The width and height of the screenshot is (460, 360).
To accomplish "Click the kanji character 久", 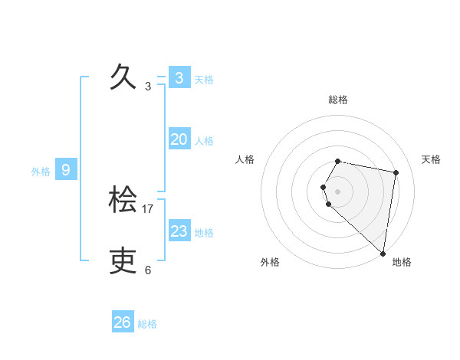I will coord(123,77).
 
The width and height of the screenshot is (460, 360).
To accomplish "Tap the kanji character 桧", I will coord(123,200).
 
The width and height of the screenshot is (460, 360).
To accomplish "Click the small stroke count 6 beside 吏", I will coord(148,270).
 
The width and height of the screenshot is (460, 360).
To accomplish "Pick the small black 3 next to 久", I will coord(148,87).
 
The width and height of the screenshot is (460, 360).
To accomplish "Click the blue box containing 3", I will coord(179,78).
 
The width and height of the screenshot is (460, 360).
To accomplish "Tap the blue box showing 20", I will coord(179,139).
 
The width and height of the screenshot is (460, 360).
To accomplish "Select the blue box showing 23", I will coord(179,231).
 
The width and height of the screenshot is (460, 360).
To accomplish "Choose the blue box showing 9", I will coord(66,170).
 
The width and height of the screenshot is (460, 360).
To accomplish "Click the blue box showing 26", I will coord(122,322).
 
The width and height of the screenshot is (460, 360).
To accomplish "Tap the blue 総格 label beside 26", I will coord(147,324).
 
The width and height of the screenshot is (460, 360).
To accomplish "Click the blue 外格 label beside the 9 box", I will coord(41,172).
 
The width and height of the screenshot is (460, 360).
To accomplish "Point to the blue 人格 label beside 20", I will coord(204,141).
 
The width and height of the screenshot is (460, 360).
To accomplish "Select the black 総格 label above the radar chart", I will coord(338,100).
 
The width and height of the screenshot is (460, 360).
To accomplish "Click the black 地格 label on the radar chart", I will coord(402,262).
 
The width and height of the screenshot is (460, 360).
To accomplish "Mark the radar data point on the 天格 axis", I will coord(396,172).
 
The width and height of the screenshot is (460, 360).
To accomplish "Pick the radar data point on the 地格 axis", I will coord(383,254).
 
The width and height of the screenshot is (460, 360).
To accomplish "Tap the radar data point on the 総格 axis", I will coord(338,161).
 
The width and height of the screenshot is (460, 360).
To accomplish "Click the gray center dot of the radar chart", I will coord(338,191).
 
